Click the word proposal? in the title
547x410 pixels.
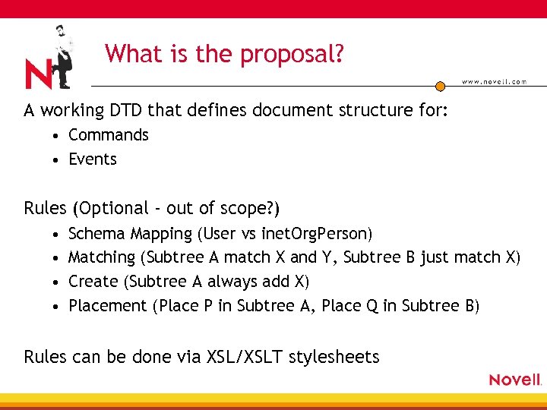pos(294,55)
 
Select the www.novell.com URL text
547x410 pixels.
pos(494,82)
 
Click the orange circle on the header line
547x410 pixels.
pos(440,86)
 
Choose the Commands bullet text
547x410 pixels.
pos(109,135)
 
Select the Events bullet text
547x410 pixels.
pos(93,159)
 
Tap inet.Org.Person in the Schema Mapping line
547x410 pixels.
pos(316,233)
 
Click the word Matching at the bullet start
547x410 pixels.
pos(102,257)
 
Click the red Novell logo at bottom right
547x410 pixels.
pos(514,380)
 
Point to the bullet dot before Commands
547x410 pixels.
pos(57,136)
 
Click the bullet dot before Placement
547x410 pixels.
pos(57,307)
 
